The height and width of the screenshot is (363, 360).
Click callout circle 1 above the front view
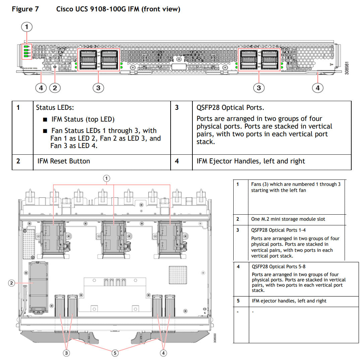click(x=27, y=26)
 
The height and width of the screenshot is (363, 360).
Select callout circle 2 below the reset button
click(x=55, y=88)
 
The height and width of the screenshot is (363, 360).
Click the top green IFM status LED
click(x=26, y=46)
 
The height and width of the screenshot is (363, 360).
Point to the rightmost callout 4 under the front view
click(x=317, y=88)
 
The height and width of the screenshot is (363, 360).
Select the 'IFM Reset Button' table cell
click(x=64, y=161)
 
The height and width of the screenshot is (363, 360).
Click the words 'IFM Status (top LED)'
click(x=83, y=120)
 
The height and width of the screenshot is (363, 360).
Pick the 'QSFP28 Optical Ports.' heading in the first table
click(x=230, y=107)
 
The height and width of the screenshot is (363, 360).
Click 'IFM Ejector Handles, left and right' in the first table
click(x=250, y=161)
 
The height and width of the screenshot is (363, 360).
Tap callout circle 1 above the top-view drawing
click(x=106, y=178)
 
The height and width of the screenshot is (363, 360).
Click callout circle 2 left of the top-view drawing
click(x=11, y=283)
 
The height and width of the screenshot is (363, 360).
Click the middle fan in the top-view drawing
click(x=114, y=238)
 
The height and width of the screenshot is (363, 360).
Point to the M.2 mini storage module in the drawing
click(x=38, y=288)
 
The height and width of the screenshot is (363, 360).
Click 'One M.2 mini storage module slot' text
click(x=288, y=219)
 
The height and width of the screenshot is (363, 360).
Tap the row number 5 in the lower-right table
click(x=238, y=301)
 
